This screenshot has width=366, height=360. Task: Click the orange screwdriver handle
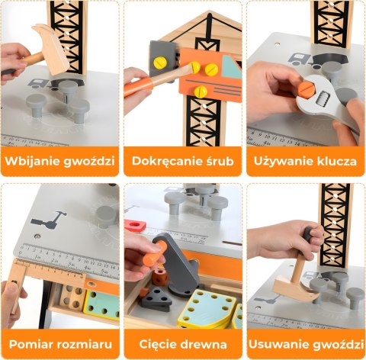click(141, 84)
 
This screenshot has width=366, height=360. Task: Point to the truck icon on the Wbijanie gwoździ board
click(36, 82)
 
